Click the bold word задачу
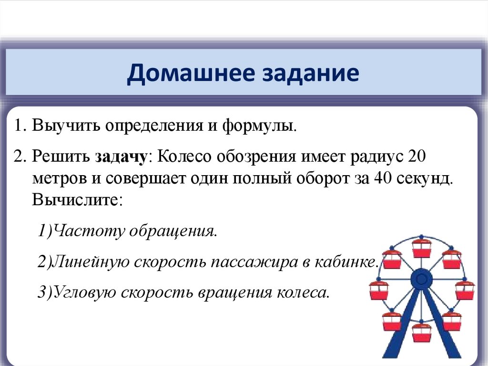point(123,157)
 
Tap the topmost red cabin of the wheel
point(421,247)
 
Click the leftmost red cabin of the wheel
point(379,290)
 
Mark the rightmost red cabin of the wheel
point(465,290)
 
